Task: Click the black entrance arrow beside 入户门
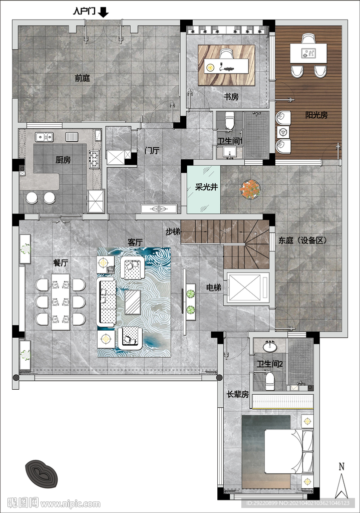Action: click(104, 12)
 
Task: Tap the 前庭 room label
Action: click(83, 78)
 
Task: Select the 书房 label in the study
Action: click(231, 97)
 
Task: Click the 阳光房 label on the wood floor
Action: click(316, 115)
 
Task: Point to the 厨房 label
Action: click(63, 160)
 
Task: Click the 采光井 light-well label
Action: click(206, 187)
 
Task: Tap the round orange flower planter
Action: click(250, 189)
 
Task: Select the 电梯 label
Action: click(213, 288)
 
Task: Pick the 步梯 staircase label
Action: click(173, 231)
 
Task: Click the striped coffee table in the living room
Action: click(133, 302)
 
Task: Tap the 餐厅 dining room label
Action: click(61, 263)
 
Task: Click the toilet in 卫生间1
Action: click(230, 121)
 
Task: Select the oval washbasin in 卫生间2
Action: click(270, 347)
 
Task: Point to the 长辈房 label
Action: click(238, 394)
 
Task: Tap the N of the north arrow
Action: click(341, 466)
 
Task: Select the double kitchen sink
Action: click(44, 137)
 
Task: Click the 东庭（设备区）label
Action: click(302, 240)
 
